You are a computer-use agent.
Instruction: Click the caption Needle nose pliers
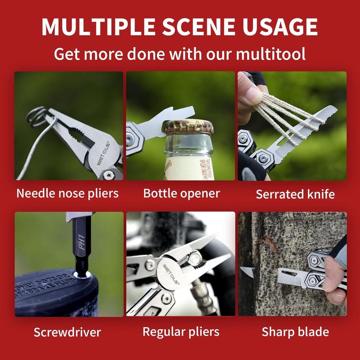coord(67,193)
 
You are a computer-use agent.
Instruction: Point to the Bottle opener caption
coord(181,193)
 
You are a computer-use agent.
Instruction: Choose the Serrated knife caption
coord(295,194)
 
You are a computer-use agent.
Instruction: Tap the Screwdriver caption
coord(67,333)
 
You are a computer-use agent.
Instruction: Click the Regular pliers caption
coord(181,332)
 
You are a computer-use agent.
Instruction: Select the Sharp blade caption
coord(295,332)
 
